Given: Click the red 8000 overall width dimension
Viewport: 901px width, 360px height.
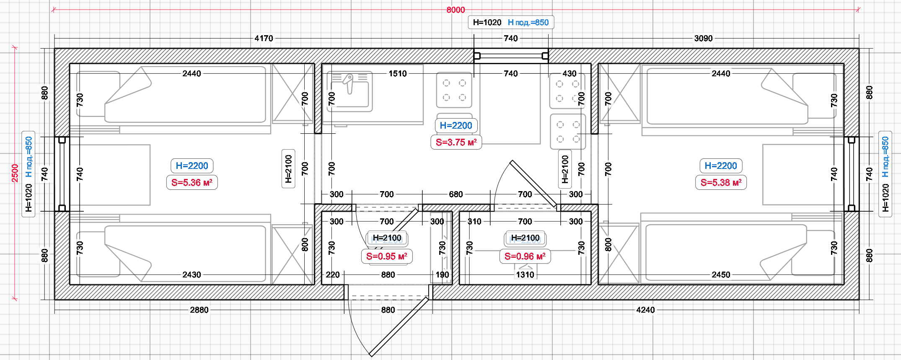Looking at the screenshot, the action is click(456, 10).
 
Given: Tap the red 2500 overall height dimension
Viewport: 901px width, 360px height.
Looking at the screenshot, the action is click(15, 173).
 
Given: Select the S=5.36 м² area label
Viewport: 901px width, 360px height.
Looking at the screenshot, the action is click(192, 182).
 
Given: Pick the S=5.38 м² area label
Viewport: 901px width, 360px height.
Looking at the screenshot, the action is click(721, 182).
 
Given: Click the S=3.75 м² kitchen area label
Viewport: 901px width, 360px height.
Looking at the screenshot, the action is click(456, 142).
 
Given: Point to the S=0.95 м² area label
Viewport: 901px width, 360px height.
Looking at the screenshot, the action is click(387, 256).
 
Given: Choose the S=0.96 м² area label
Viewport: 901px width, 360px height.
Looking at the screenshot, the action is click(525, 256).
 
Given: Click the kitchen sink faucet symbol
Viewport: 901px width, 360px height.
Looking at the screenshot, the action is click(349, 83).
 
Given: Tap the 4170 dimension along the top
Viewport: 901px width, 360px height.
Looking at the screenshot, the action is click(264, 38).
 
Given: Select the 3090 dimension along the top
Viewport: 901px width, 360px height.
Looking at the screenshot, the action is click(703, 38).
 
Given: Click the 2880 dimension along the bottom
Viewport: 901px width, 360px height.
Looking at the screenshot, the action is click(199, 310).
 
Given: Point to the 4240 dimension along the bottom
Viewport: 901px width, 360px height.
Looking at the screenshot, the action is click(645, 310).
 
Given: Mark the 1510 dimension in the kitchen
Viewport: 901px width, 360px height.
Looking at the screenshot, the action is click(398, 74).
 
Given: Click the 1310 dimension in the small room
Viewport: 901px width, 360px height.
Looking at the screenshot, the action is click(525, 275).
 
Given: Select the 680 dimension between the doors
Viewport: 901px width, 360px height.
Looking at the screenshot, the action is click(456, 194).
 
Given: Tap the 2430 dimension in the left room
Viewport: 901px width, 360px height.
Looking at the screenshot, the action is click(192, 275).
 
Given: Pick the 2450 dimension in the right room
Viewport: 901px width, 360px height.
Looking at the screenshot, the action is click(721, 275).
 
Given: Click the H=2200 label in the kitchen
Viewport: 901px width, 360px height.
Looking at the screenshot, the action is click(456, 125).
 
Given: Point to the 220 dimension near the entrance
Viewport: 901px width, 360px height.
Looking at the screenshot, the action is click(333, 275).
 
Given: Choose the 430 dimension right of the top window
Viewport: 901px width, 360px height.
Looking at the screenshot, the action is click(570, 74).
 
